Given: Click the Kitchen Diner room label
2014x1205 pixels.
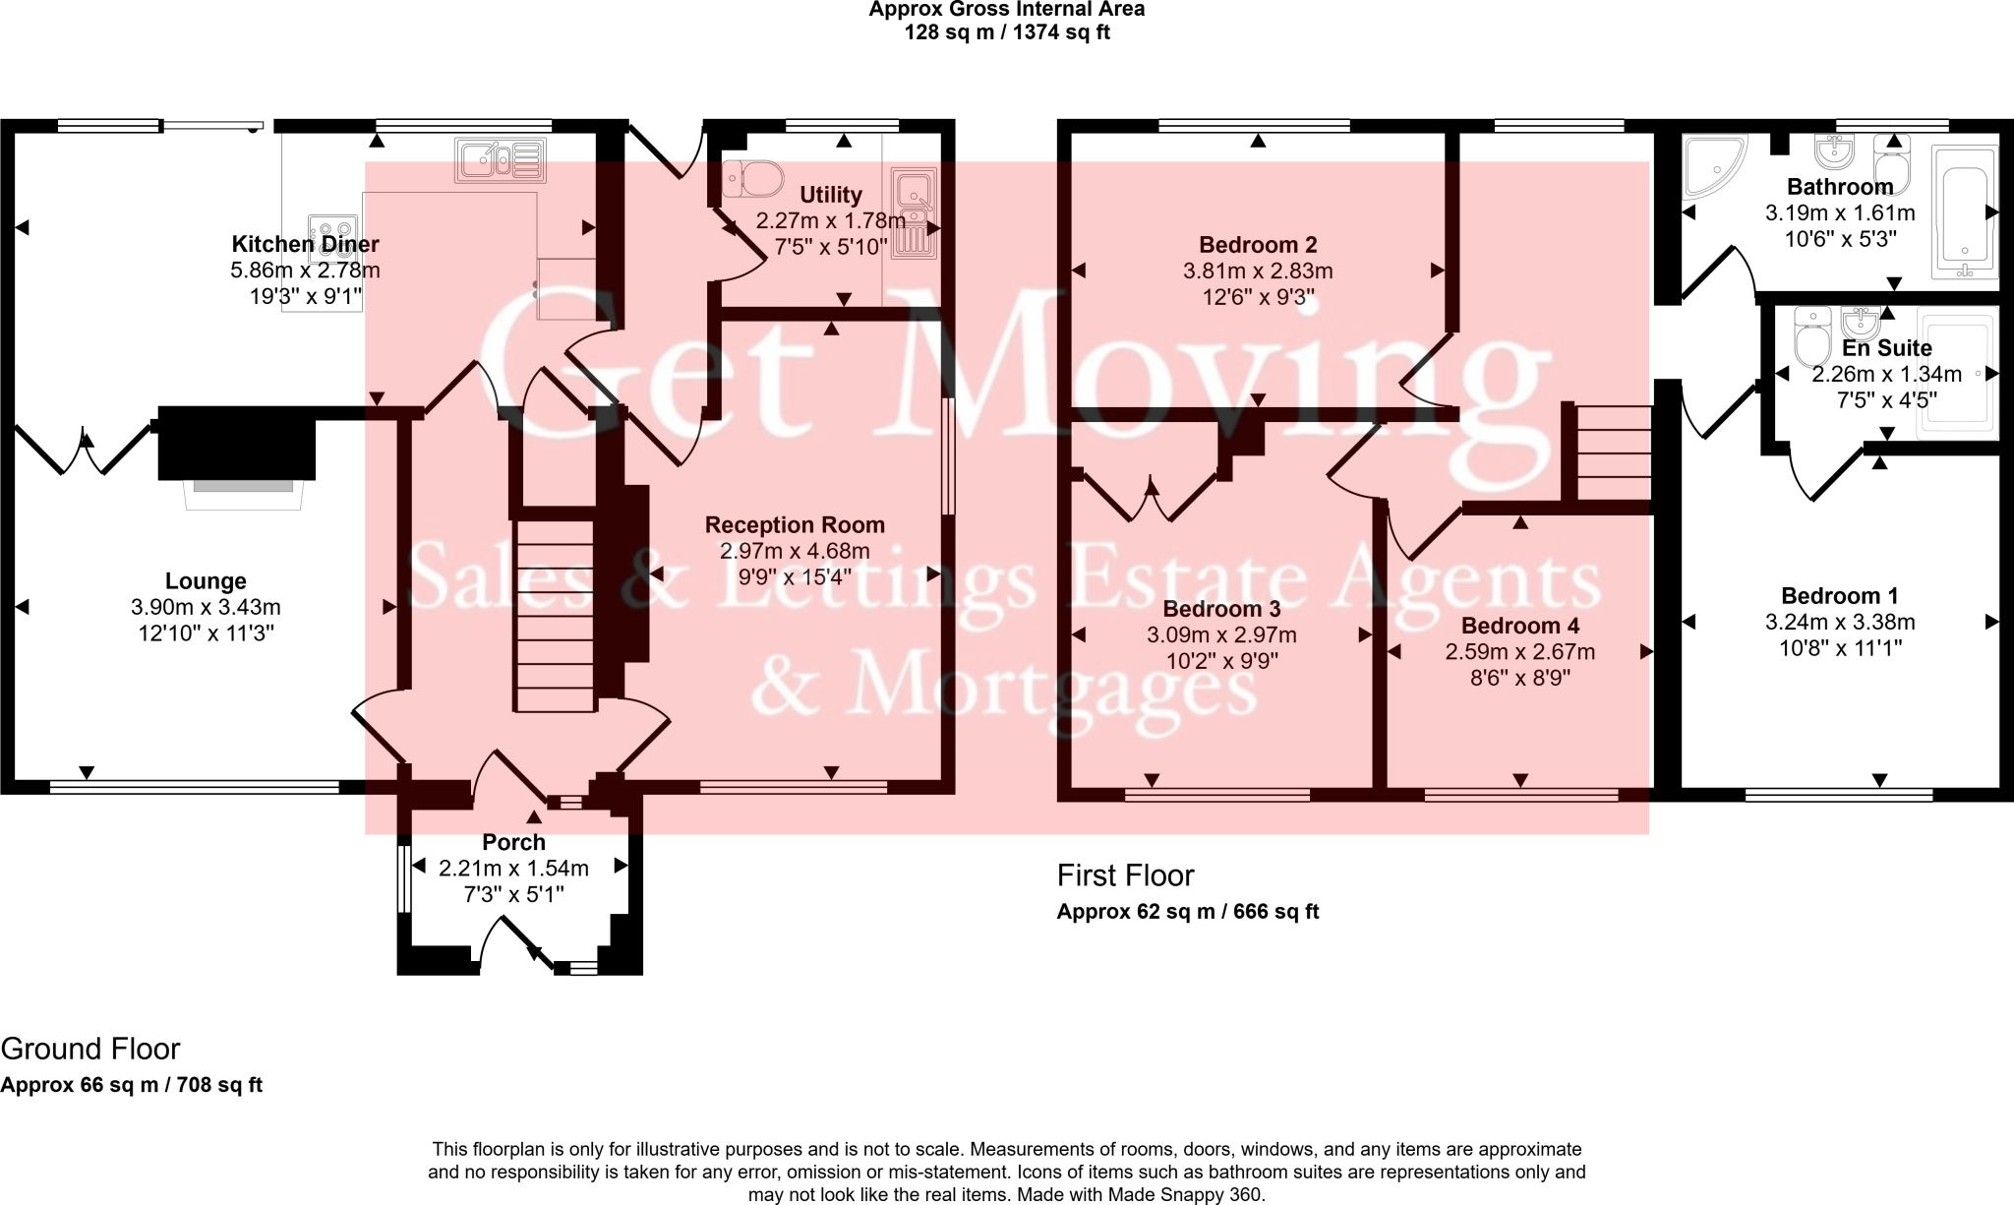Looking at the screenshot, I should tap(305, 244).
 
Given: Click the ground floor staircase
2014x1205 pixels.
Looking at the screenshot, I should tap(556, 614).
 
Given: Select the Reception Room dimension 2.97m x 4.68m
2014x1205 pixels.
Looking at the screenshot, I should tap(795, 551).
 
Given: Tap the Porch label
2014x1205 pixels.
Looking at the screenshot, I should tap(513, 842).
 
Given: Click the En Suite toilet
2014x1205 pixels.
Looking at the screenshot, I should tap(1809, 336).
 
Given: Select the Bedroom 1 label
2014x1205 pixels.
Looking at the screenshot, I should tap(1839, 595).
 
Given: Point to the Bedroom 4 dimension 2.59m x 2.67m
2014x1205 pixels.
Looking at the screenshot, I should tap(1519, 651).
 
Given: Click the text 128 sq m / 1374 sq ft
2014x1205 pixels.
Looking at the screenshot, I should tap(1006, 32).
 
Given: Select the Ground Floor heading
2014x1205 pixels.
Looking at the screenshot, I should tap(90, 1049).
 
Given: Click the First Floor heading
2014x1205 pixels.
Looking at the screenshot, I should tap(1125, 874).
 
